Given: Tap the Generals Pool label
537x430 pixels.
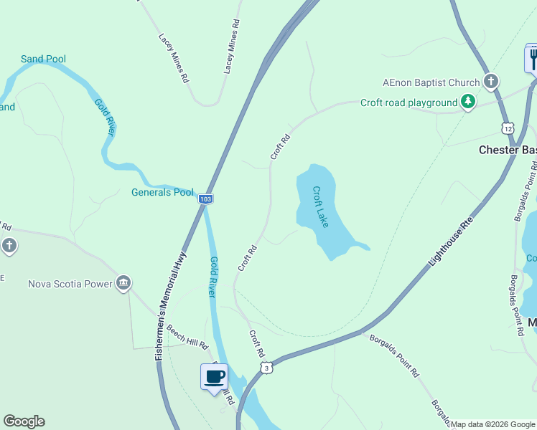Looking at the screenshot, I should (x=162, y=192).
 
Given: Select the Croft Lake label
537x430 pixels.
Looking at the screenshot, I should (x=320, y=207).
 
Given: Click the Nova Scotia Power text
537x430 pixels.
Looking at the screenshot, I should (x=70, y=283).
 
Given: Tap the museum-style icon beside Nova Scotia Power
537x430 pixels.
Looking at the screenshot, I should (x=123, y=282).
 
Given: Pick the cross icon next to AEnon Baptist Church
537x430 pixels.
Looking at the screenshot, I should (x=491, y=81).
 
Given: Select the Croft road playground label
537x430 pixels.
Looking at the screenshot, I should (x=408, y=102).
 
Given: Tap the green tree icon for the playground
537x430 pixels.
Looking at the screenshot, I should (x=468, y=102).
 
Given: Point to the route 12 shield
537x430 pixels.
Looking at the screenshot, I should (x=508, y=128).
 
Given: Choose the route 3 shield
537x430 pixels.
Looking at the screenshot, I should (x=266, y=368).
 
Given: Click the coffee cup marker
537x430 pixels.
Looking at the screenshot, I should (x=214, y=376).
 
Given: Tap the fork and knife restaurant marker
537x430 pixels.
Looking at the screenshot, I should (x=532, y=57).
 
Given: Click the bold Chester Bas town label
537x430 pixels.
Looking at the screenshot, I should (x=508, y=150).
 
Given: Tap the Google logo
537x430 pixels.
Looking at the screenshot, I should (x=24, y=421).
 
